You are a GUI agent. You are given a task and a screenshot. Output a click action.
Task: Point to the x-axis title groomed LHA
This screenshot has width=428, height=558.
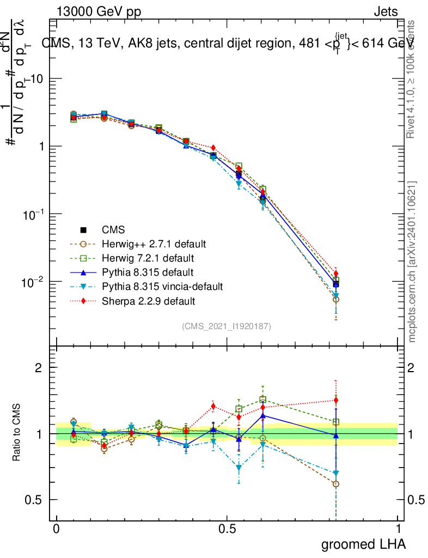coord(363,544)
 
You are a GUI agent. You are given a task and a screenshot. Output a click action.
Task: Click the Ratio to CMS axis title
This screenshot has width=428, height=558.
coord(17,434)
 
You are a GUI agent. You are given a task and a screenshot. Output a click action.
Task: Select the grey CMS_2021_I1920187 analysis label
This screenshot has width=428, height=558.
coord(227,326)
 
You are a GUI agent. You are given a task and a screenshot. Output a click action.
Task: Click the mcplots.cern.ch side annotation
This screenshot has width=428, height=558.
coord(413,262)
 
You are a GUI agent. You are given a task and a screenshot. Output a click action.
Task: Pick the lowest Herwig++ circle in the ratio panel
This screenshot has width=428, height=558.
coord(336,484)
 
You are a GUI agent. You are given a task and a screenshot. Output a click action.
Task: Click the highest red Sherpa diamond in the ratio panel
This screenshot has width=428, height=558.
coord(336,401)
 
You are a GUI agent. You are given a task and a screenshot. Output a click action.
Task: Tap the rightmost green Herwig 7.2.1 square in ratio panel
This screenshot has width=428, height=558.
coord(336,422)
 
